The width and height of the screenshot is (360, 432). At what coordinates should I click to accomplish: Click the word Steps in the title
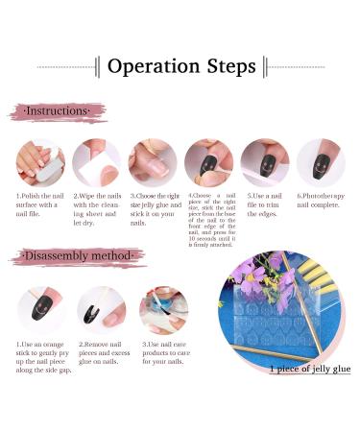(232, 66)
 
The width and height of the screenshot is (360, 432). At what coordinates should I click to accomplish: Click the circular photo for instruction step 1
(40, 162)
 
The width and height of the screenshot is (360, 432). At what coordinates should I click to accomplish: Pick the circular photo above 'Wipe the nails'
(96, 162)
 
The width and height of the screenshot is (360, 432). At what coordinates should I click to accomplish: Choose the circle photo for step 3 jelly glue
(153, 162)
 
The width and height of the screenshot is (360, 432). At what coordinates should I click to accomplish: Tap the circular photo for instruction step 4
(208, 162)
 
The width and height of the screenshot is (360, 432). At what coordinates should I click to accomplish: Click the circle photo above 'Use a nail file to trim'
(264, 162)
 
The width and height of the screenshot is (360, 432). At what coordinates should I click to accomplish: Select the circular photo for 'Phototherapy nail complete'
(321, 162)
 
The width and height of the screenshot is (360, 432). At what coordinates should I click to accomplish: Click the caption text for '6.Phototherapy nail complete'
(321, 201)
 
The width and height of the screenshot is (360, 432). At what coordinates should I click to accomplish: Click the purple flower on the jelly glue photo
(252, 278)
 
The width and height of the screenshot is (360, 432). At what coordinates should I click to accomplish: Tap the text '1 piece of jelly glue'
(309, 369)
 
